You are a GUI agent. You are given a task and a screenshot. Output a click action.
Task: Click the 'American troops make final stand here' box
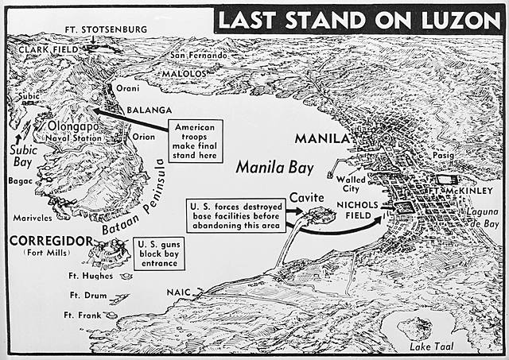194,139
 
